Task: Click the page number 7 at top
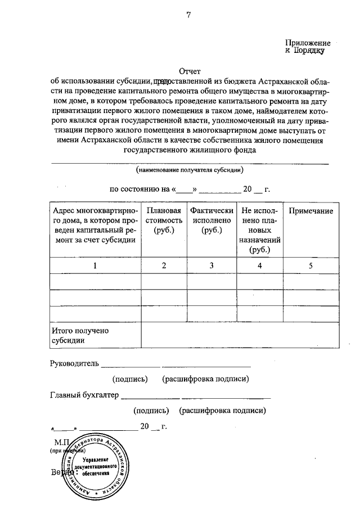tap(189, 16)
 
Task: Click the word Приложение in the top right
tap(308, 42)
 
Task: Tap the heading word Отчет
tap(189, 71)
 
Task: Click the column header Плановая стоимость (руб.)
tap(164, 220)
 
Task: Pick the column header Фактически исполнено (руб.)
tap(211, 220)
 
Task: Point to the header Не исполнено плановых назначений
tap(259, 231)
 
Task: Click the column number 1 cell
tap(94, 266)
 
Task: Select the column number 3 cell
tap(211, 266)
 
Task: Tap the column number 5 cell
tap(310, 266)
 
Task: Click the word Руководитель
tap(74, 363)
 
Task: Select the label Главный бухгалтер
tap(84, 395)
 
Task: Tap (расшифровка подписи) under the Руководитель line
tap(205, 380)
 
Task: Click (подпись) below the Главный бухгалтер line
tap(152, 411)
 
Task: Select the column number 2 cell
tap(164, 266)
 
